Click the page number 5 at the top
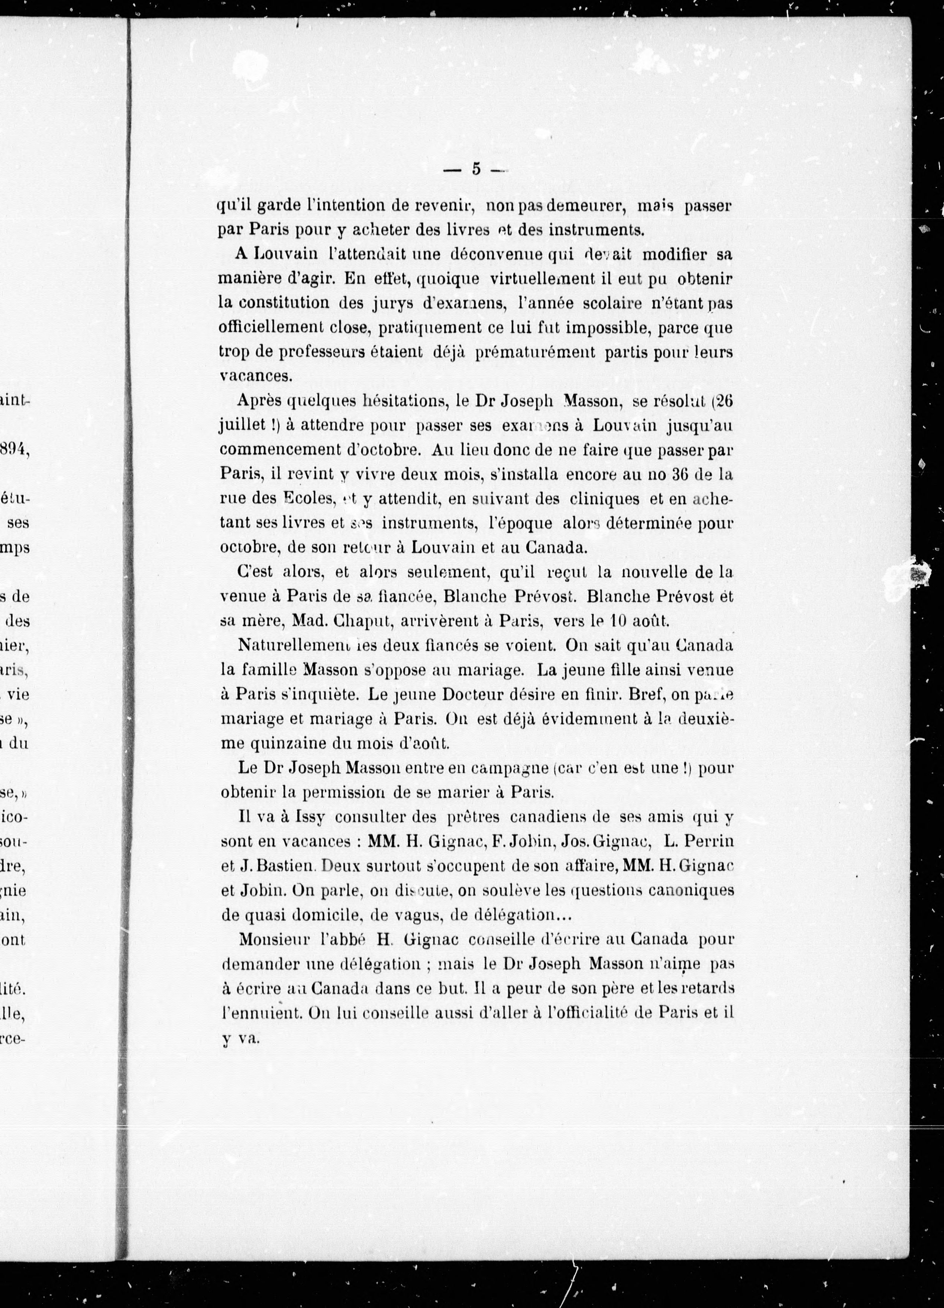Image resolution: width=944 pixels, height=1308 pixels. coord(476,169)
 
